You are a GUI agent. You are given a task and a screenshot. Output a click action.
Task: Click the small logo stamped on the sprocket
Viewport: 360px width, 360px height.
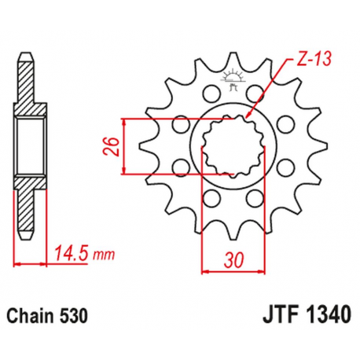233,79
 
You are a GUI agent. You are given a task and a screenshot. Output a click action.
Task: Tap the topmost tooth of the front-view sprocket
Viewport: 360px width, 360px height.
233,57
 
